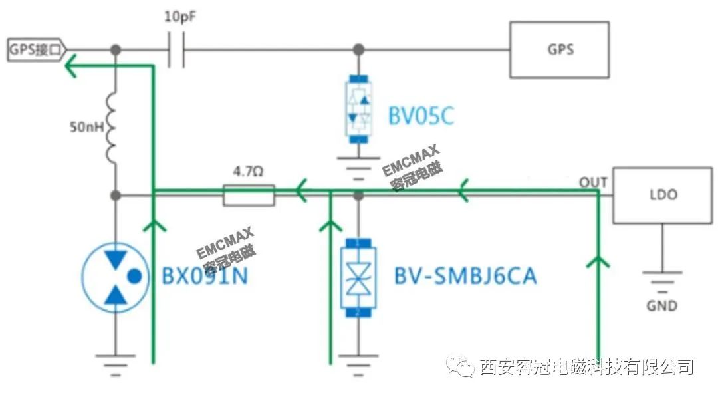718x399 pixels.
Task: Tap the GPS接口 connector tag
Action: tap(37, 49)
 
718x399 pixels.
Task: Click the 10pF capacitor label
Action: tap(180, 17)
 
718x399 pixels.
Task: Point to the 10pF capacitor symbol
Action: tap(176, 49)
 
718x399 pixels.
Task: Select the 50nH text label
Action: tap(86, 127)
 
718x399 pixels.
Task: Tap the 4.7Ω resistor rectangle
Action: tap(249, 195)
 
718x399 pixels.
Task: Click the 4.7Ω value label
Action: tap(248, 172)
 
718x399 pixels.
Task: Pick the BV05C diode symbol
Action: tap(358, 109)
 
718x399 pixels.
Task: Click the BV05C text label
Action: tap(421, 116)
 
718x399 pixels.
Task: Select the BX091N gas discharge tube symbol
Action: tap(116, 277)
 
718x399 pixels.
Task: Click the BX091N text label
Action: tap(205, 276)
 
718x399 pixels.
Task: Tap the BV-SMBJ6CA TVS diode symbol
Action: tap(358, 277)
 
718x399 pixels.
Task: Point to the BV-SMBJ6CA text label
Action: tap(465, 276)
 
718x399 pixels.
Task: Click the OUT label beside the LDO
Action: tap(593, 182)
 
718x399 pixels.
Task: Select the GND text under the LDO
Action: tap(661, 305)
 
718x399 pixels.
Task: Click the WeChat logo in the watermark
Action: tap(460, 366)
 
